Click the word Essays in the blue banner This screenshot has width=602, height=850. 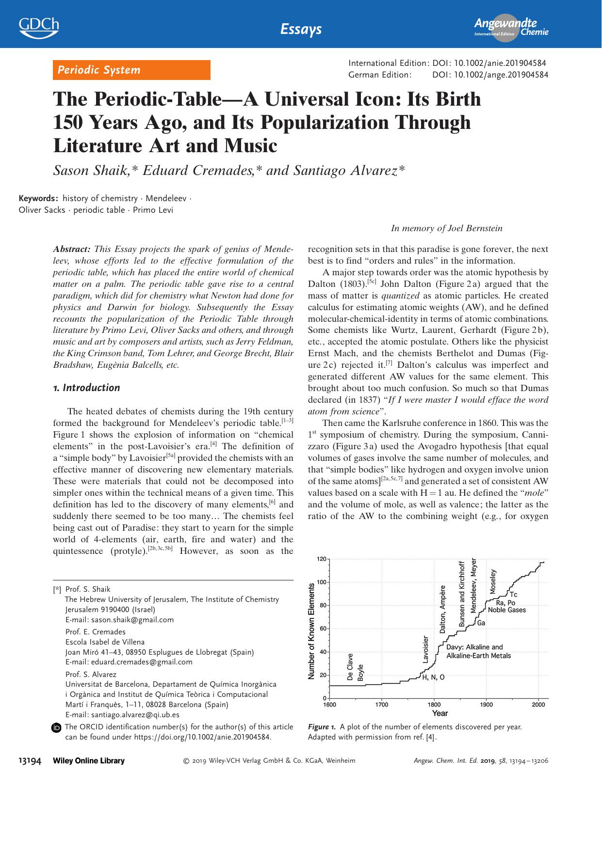tap(301, 29)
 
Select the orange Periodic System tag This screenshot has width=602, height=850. tap(131, 70)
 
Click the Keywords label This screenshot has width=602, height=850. tap(38, 198)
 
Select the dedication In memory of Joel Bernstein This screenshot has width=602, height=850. tap(446, 228)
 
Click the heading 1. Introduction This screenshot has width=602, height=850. tap(86, 388)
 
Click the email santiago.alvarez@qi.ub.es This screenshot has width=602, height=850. tap(122, 714)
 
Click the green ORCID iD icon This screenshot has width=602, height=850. tap(57, 727)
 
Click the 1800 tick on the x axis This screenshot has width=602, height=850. tap(434, 705)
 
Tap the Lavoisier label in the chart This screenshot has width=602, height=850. tap(425, 649)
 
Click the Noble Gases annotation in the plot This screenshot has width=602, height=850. tap(507, 610)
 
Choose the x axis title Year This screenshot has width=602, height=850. tap(439, 713)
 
